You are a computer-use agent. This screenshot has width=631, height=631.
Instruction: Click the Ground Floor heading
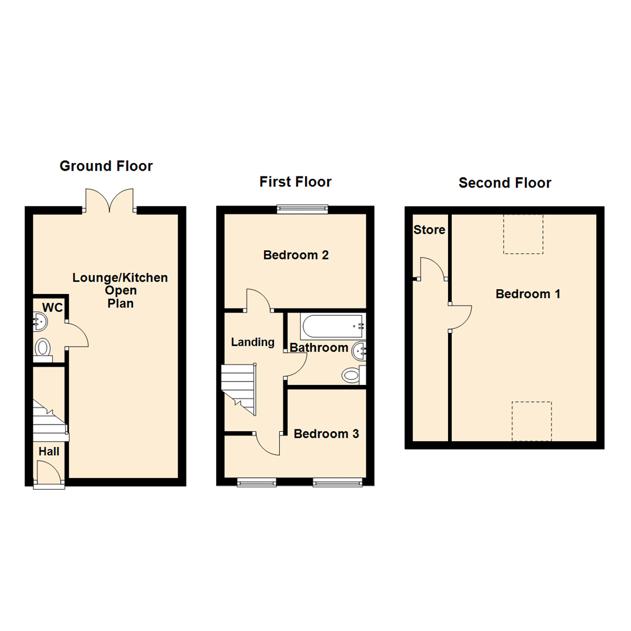(x=106, y=167)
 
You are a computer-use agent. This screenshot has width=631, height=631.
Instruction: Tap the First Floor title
(x=295, y=182)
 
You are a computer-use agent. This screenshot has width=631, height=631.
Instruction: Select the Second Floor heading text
(x=505, y=183)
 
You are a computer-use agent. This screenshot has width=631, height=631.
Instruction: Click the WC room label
(x=52, y=307)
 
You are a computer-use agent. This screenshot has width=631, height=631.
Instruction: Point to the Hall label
(x=49, y=452)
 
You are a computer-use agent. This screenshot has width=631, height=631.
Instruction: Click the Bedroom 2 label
(x=296, y=255)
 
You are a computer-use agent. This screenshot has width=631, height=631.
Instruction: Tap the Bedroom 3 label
(x=326, y=434)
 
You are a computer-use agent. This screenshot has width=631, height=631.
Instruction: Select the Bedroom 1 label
(x=528, y=294)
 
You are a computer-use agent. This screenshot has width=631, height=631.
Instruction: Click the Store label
(x=429, y=230)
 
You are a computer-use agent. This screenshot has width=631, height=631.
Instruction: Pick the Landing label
(x=252, y=342)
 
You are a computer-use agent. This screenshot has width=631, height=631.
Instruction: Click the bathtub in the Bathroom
(x=332, y=327)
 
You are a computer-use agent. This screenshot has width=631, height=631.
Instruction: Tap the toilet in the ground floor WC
(x=43, y=348)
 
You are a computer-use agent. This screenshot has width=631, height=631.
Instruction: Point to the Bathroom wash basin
(x=359, y=351)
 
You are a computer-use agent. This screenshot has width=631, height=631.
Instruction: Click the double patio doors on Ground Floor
(x=110, y=200)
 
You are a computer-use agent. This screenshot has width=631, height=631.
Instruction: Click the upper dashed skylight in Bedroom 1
(x=523, y=234)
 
